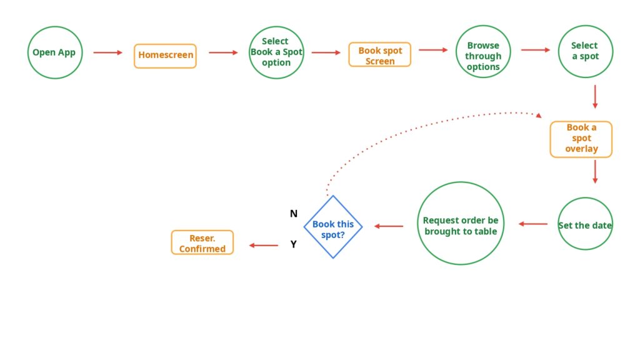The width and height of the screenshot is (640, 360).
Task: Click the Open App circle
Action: point(54,52)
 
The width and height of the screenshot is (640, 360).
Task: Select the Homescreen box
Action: point(165,56)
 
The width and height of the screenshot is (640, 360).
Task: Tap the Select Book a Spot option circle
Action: point(276,52)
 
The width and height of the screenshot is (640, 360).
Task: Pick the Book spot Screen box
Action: point(380,56)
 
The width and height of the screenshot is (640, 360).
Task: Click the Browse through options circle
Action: point(482,52)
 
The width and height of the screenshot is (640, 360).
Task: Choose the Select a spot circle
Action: point(585,51)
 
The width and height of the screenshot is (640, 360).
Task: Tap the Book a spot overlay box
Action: point(581,139)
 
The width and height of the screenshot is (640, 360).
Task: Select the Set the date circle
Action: point(585,224)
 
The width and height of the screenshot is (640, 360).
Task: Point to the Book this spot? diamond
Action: point(333,227)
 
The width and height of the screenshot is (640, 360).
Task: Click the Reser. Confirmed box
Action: point(202,242)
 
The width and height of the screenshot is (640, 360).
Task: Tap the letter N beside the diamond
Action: point(294,214)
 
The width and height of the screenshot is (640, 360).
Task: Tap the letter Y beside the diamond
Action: point(294,244)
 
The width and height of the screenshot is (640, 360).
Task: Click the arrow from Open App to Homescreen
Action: point(108,52)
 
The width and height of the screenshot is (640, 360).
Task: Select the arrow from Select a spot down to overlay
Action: point(595,96)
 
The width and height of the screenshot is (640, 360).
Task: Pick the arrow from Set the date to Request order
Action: point(533,224)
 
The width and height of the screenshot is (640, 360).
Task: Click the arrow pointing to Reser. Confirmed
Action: point(263,246)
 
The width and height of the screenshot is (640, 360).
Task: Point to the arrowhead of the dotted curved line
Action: point(537,115)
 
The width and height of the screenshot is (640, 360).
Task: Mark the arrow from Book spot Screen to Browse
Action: point(433,49)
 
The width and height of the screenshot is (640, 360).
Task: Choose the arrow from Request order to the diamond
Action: point(389,226)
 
